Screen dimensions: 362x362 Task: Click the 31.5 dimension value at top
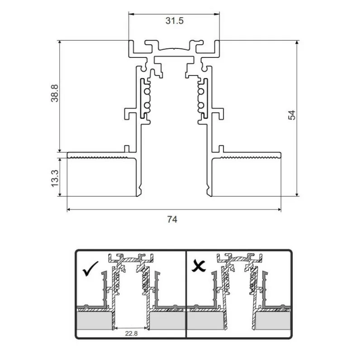coord(174,21)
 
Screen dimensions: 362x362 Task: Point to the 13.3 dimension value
coord(55,178)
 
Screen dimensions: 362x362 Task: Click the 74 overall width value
coord(172,220)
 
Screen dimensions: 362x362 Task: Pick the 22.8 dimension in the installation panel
coord(131,333)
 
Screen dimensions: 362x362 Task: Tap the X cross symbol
coord(199,267)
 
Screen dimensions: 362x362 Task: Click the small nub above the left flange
coord(127,148)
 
